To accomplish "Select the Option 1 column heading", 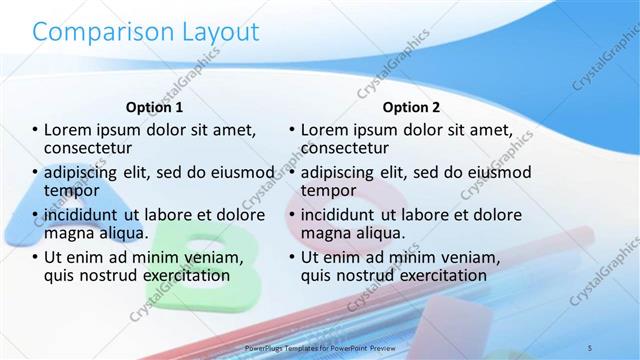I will click(154, 107).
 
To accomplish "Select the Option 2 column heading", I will click(411, 107).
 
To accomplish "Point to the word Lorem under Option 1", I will click(68, 130).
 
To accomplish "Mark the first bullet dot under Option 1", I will click(35, 131).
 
